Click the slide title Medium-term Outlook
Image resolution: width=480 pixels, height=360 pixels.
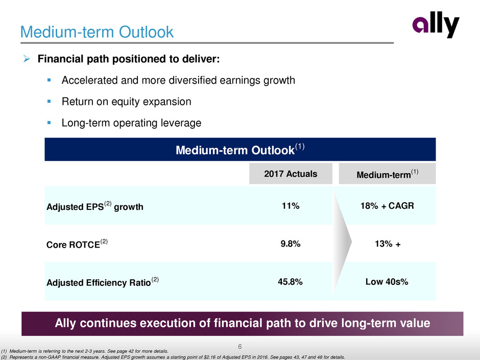coord(97,32)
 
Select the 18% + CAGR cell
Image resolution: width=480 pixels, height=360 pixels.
coord(386,206)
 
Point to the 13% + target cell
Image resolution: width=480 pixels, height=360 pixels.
coord(386,244)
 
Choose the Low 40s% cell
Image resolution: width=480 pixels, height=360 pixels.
coord(386,282)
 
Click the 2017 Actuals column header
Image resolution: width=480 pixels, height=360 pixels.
coord(291,174)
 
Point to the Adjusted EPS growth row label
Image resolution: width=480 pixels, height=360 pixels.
coord(94,207)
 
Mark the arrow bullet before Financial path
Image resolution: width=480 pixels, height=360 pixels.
coord(28,60)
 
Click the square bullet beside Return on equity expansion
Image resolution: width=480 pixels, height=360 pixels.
coord(50,102)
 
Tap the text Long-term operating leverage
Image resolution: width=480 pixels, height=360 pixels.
coord(131,123)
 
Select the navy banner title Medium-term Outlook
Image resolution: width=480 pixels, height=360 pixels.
coord(239,150)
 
